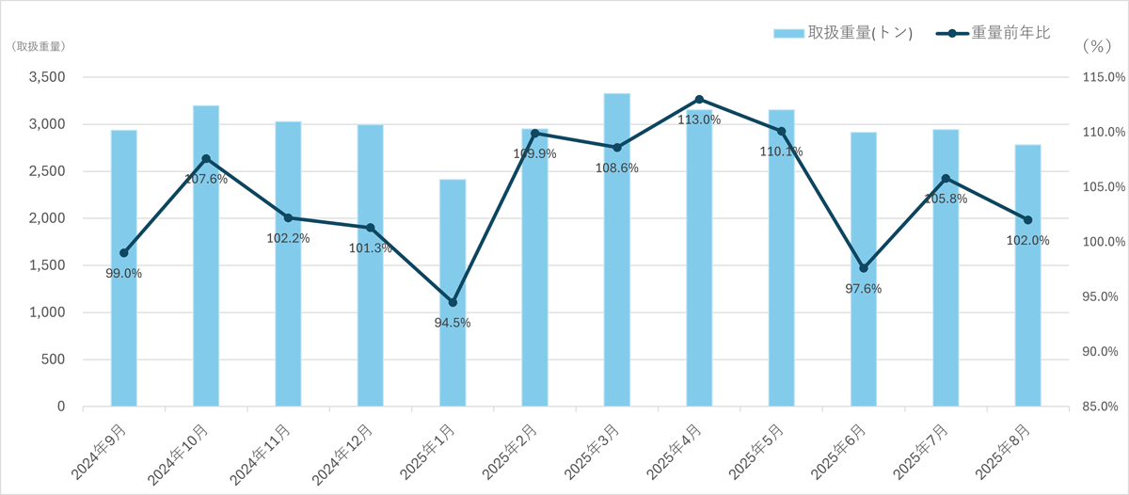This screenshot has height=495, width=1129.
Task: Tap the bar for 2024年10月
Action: coord(206,282)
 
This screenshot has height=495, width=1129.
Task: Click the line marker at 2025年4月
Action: coord(699,99)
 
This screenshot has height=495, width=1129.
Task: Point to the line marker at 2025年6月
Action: coord(864,268)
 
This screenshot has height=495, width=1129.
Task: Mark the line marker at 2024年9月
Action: coord(124,253)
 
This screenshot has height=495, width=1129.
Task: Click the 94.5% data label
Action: coord(453,323)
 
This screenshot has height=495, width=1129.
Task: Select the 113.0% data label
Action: coord(699,120)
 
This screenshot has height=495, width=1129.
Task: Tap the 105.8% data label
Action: coord(946,199)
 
